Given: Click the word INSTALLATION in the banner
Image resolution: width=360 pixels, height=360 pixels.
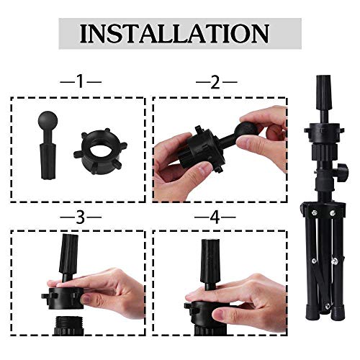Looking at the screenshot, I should (x=174, y=33).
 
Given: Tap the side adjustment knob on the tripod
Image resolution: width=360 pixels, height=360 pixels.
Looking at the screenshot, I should (x=345, y=173).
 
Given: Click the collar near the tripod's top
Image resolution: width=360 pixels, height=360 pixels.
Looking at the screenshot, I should (x=321, y=131).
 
